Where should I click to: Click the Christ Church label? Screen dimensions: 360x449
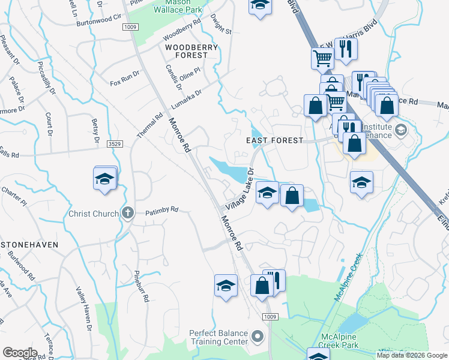coord(94,213)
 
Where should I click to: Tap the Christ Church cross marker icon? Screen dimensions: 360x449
coord(127,213)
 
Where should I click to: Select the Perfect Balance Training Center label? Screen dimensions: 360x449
coord(218,337)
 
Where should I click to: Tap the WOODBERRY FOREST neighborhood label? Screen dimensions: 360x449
coord(186,51)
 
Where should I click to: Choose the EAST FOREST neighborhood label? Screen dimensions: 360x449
coord(275,140)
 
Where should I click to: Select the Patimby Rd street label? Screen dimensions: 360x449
coord(162,210)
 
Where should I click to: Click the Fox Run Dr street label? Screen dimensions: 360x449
coord(125,75)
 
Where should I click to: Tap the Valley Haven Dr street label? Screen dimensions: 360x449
coord(83,308)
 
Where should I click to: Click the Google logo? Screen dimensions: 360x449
coord(19,353)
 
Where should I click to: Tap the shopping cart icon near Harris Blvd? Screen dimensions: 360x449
coord(322,58)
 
